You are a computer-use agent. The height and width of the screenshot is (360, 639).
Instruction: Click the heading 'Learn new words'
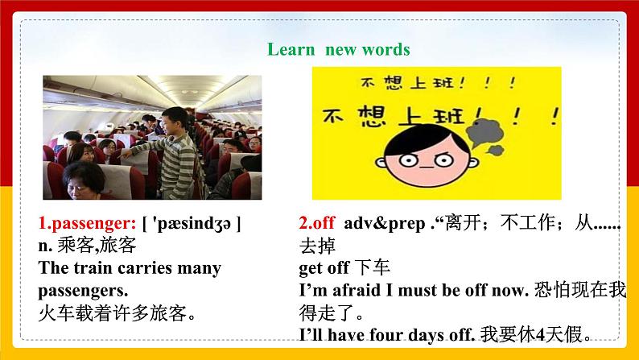tap(338, 50)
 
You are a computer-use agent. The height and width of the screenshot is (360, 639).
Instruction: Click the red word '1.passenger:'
tap(85, 222)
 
